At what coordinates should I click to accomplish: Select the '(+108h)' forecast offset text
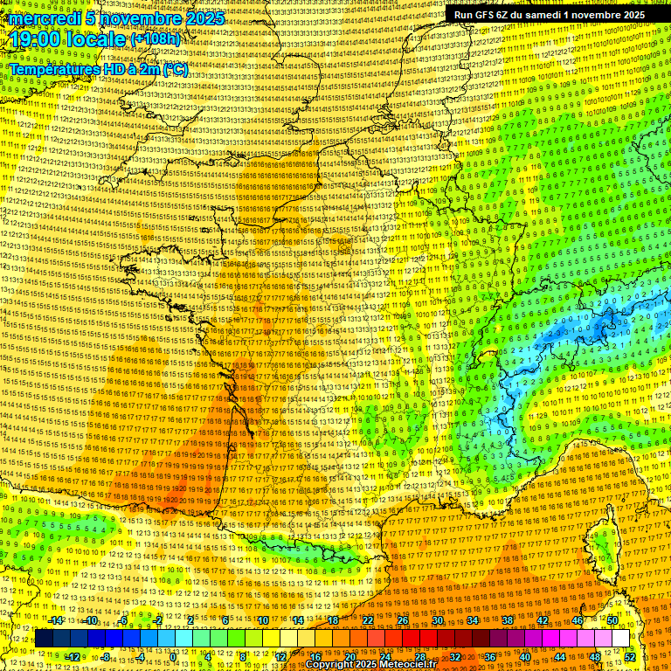[156, 39]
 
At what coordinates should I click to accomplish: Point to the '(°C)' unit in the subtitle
[176, 69]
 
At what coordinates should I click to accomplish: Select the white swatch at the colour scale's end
[619, 639]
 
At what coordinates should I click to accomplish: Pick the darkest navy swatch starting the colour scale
[43, 639]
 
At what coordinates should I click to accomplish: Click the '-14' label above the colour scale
[55, 620]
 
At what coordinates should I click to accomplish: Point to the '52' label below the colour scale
[630, 657]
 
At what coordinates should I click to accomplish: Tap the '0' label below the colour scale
[173, 657]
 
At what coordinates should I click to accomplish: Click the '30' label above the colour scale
[438, 620]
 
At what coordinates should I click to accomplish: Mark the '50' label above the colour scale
[612, 620]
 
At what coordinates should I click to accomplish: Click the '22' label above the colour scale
[368, 620]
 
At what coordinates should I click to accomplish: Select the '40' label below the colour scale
[524, 657]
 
